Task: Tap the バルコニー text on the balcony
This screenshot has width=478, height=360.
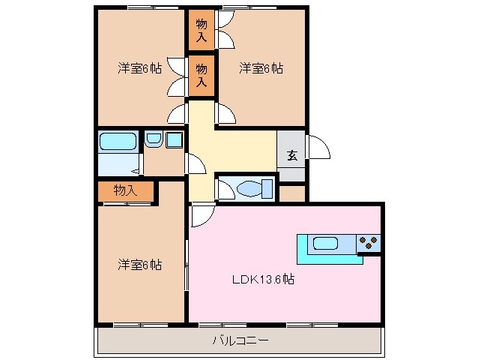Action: (x=240, y=340)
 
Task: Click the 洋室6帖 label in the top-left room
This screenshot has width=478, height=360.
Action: (x=139, y=68)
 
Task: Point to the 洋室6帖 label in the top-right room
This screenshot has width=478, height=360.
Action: (x=261, y=68)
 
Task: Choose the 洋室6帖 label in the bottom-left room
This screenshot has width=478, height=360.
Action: (x=139, y=264)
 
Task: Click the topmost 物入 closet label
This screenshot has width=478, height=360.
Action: (x=202, y=30)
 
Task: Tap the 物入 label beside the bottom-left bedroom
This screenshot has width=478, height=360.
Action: (x=125, y=190)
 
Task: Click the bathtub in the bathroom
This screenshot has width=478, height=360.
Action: (x=118, y=141)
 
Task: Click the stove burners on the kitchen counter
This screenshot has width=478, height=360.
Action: (x=369, y=242)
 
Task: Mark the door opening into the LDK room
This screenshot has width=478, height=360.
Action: (x=202, y=215)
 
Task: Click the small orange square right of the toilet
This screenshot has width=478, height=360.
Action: (x=291, y=193)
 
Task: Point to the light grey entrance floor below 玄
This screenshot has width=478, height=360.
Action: (x=291, y=173)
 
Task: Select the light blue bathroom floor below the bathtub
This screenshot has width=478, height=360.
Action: (x=118, y=163)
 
